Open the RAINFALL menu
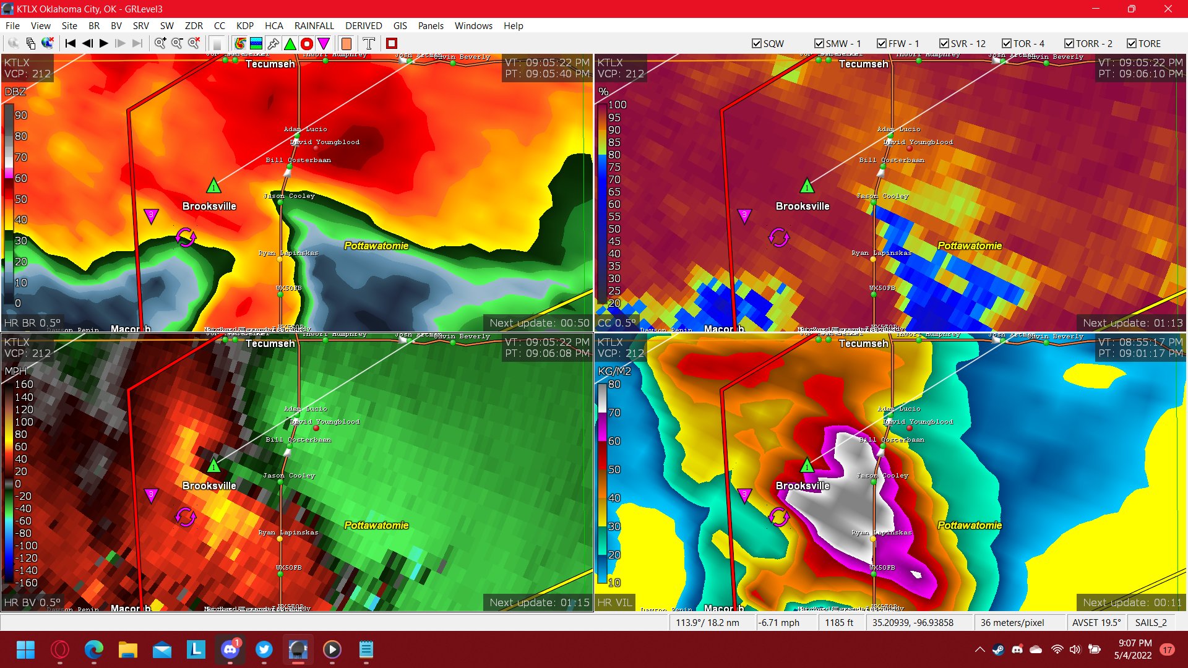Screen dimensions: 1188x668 tap(314, 26)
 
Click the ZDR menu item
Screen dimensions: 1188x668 tap(194, 26)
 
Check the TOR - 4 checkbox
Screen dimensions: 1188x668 tap(1007, 43)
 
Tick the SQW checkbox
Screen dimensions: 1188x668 tap(756, 43)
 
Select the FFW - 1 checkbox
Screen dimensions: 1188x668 tap(882, 43)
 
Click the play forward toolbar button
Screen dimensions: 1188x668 tap(104, 43)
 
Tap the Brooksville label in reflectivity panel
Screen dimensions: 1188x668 tap(209, 206)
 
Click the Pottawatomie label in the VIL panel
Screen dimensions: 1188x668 tap(970, 525)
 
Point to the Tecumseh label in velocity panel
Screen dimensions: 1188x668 tap(270, 344)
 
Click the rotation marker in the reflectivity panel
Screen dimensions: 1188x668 tap(186, 237)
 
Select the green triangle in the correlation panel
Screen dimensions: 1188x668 tap(807, 186)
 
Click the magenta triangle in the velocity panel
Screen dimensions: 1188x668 tap(151, 495)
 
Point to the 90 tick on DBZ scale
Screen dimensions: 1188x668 tap(21, 116)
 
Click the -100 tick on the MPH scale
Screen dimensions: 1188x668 tap(26, 546)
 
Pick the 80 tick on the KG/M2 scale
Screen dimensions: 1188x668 tap(614, 384)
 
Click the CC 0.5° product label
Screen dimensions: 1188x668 tap(616, 323)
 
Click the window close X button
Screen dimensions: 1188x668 tap(1168, 9)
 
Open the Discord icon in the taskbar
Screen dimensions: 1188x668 tap(230, 649)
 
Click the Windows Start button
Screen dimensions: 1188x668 tap(25, 649)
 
